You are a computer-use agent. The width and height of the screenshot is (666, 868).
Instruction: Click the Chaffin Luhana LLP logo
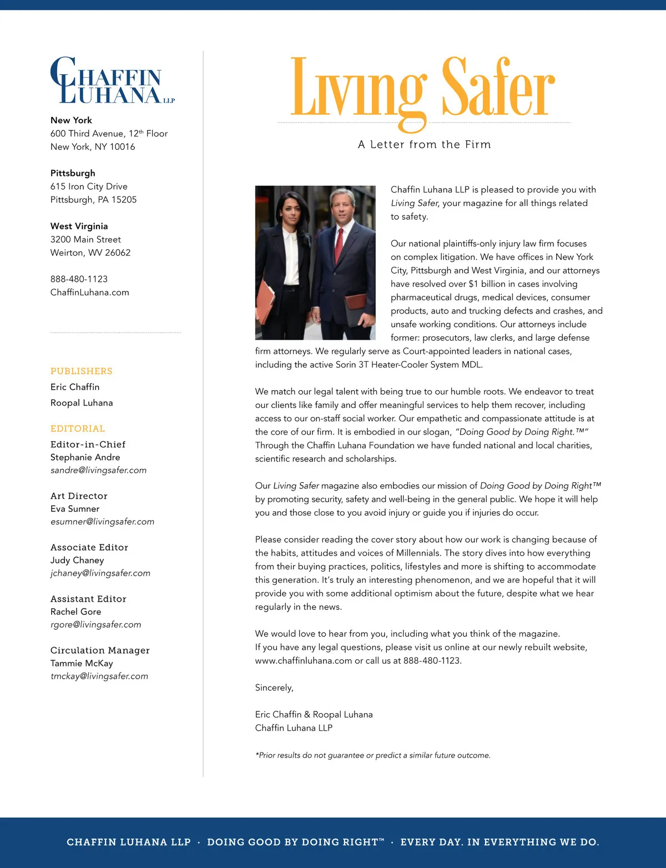coord(111,81)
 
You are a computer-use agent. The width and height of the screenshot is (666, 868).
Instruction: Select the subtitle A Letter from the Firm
coord(424,145)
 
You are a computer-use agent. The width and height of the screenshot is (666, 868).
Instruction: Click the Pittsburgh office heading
coord(73,173)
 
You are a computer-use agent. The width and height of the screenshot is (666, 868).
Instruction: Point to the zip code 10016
coord(123,147)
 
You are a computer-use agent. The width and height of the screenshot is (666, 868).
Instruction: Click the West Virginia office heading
coord(79,226)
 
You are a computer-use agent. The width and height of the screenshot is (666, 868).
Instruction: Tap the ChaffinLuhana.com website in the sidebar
coord(89,292)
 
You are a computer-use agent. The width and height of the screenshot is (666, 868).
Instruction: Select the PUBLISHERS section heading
coord(81,371)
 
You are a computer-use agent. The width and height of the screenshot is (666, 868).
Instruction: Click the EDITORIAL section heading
coord(77,429)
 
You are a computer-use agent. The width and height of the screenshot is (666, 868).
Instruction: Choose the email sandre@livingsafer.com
coord(98,471)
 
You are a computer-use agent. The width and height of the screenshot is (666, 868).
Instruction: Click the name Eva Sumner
coord(75,509)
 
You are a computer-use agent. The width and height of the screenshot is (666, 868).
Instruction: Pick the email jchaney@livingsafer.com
coord(100,573)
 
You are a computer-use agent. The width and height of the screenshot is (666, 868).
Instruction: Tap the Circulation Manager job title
coord(100,650)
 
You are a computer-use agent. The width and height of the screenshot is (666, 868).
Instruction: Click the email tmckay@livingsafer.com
coord(99,677)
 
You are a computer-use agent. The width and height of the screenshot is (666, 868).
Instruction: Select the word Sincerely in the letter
coord(274,688)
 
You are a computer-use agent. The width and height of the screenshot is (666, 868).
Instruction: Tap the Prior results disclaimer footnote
coord(372,755)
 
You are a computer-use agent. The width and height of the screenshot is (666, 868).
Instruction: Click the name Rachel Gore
coord(75,612)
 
